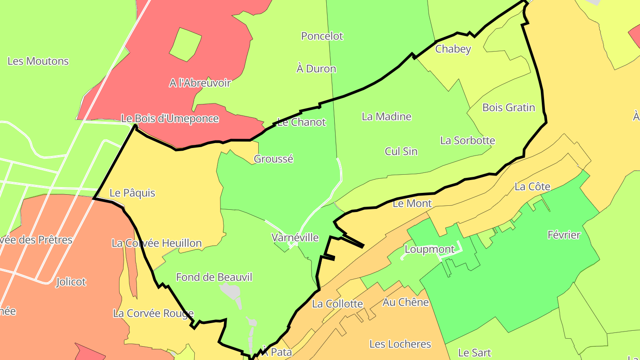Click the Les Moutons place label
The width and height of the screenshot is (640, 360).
[x=38, y=61]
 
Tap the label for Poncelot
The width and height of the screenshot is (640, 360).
[x=322, y=36]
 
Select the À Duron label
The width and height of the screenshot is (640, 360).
[x=316, y=69]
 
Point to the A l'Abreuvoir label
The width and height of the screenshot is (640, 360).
[x=200, y=83]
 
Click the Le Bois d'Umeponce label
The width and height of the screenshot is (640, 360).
[x=170, y=119]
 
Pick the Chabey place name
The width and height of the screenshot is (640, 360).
[x=453, y=49]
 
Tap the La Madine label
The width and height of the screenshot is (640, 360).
[x=387, y=117]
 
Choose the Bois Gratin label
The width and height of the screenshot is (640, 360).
[x=509, y=108]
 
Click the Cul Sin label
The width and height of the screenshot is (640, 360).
[x=401, y=152]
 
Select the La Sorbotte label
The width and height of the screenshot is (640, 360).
[x=468, y=141]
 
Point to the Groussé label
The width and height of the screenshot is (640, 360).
[x=273, y=159]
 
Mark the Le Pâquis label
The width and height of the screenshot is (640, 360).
[x=132, y=193]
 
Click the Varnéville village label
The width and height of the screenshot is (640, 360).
[x=295, y=238]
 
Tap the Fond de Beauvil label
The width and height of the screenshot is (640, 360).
[x=214, y=278]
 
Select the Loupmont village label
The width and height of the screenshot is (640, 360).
[x=430, y=250]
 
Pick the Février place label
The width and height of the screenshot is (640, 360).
[x=564, y=235]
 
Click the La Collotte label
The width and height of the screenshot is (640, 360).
[x=338, y=304]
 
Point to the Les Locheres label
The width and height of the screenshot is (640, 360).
[x=400, y=344]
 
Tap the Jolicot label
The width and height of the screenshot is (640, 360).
[x=71, y=282]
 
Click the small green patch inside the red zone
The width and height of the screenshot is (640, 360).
[x=184, y=44]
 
